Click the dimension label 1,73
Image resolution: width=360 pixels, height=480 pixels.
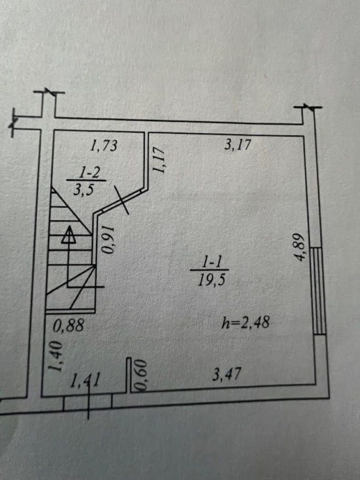pos(103,145)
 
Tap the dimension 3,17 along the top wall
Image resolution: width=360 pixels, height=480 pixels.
pos(237,144)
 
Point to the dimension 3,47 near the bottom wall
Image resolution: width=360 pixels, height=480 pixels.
pos(227,374)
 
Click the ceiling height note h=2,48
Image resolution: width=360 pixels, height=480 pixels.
pos(245,322)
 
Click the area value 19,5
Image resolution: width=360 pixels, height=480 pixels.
pos(212,280)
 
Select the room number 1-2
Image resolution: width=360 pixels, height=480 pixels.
pos(90,173)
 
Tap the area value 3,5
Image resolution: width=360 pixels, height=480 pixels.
pos(83,190)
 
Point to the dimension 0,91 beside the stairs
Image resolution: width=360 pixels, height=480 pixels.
pos(108,241)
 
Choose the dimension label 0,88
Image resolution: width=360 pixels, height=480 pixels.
pos(68,325)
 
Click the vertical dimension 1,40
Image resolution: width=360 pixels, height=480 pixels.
pos(56,356)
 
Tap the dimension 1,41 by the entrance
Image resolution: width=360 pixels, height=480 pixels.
pos(85,381)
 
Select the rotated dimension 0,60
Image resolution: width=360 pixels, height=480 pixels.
pos(142,375)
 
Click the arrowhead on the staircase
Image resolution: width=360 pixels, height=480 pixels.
pos(69,235)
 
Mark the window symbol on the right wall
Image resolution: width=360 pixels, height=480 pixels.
pos(318,291)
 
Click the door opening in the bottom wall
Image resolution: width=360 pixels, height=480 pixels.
pos(87,403)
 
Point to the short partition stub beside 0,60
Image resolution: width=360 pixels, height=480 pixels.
pos(129,375)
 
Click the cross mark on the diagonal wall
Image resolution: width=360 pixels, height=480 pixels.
pos(121,200)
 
